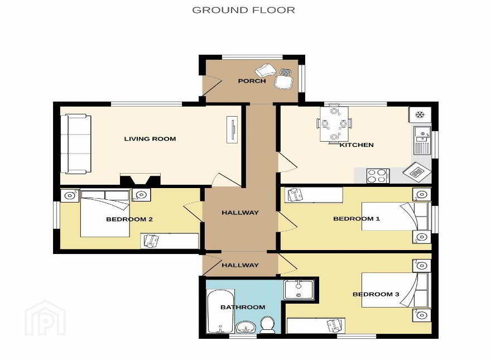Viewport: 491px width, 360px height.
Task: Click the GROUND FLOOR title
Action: tap(243, 10)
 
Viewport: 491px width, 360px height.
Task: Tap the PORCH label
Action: tap(252, 81)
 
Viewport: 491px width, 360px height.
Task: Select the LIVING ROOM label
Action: tap(150, 139)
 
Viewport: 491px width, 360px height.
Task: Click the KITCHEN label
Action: tap(357, 145)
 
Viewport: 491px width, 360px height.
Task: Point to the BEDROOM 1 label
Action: tap(357, 219)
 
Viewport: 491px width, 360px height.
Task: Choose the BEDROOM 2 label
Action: tap(129, 219)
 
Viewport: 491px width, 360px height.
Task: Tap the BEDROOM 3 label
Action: tap(376, 294)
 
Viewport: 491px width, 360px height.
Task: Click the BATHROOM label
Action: tap(243, 307)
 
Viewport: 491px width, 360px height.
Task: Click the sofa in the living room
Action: tap(76, 144)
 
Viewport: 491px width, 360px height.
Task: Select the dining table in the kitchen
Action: tap(334, 124)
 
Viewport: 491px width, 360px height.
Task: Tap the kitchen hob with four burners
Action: tap(378, 176)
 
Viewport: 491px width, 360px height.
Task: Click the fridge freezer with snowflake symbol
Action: tap(420, 114)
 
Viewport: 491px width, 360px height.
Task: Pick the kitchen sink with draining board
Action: tap(422, 140)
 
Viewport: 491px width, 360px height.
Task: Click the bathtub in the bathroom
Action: tap(220, 311)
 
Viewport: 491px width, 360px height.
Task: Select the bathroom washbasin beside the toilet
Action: tap(246, 328)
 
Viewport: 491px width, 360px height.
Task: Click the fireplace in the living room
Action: tap(140, 179)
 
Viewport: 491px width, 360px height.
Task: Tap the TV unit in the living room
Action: tap(232, 129)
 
